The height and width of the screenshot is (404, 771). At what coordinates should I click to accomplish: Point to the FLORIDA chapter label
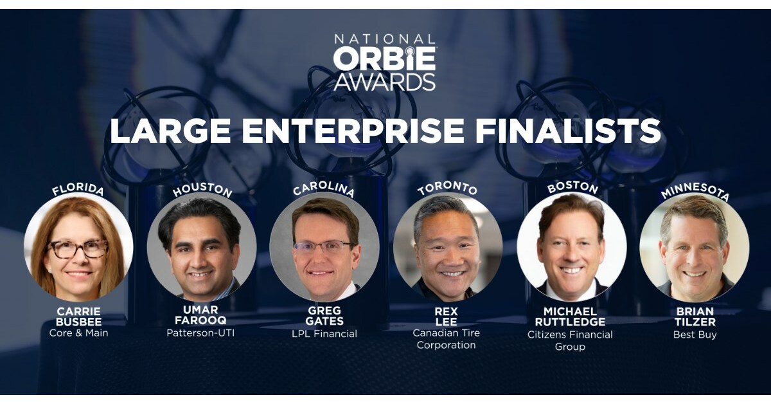pyautogui.click(x=78, y=191)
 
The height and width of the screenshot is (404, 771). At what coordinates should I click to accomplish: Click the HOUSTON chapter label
pyautogui.click(x=202, y=190)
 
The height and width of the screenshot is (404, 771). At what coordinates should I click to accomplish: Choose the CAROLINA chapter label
pyautogui.click(x=324, y=190)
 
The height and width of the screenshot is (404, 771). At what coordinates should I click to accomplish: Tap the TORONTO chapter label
pyautogui.click(x=448, y=190)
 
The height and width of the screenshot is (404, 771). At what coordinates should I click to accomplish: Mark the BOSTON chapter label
pyautogui.click(x=572, y=189)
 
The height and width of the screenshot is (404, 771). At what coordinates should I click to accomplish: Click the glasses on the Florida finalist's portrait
pyautogui.click(x=78, y=249)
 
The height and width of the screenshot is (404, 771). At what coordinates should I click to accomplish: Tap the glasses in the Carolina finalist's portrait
pyautogui.click(x=323, y=246)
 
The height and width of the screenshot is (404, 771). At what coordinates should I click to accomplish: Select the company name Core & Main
pyautogui.click(x=78, y=333)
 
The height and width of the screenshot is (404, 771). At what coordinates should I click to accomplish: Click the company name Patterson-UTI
pyautogui.click(x=200, y=333)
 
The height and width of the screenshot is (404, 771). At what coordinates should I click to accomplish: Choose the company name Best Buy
pyautogui.click(x=695, y=335)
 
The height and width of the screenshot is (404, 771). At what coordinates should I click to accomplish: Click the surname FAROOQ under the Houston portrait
pyautogui.click(x=200, y=320)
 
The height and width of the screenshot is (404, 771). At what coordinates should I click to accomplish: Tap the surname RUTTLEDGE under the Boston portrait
pyautogui.click(x=571, y=322)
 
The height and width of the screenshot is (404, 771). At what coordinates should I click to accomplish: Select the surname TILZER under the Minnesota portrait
pyautogui.click(x=695, y=322)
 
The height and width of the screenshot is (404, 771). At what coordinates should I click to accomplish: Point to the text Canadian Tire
pyautogui.click(x=446, y=333)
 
